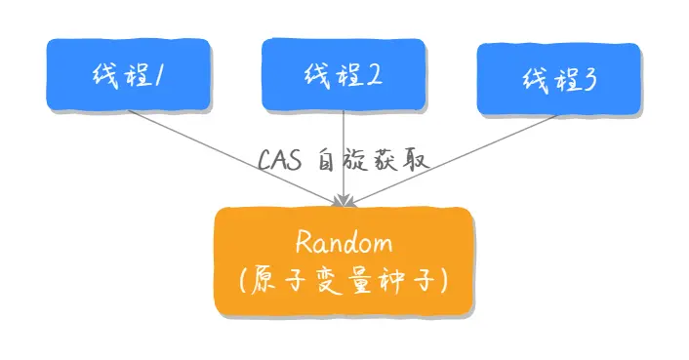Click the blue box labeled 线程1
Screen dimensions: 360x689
pyautogui.click(x=128, y=74)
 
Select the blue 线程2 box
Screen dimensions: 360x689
pyautogui.click(x=343, y=74)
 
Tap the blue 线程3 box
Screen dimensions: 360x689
pyautogui.click(x=557, y=79)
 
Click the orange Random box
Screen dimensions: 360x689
pyautogui.click(x=343, y=261)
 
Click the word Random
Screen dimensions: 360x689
pyautogui.click(x=343, y=243)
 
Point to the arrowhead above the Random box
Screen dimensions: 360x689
pyautogui.click(x=343, y=200)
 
